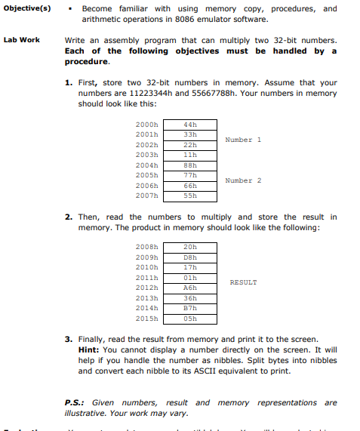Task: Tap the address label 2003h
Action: (x=146, y=154)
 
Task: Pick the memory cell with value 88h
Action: (x=189, y=165)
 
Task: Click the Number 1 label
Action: (x=243, y=139)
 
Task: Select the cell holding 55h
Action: (x=189, y=195)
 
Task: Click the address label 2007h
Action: (x=146, y=195)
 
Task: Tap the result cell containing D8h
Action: (x=189, y=256)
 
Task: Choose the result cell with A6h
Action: (x=189, y=287)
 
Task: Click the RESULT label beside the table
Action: (x=243, y=282)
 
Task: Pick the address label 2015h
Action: (x=146, y=318)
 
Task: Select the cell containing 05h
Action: (x=189, y=318)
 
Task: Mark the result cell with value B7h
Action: (x=189, y=308)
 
